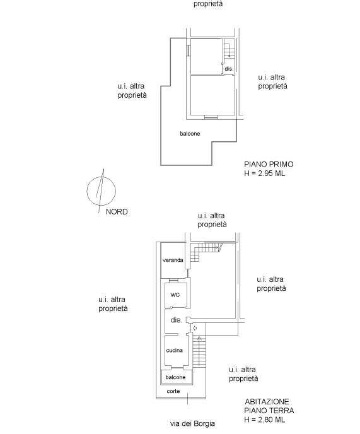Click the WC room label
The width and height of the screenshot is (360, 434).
(175, 295)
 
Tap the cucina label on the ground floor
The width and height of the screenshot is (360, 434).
(175, 350)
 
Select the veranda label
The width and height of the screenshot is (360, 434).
(173, 260)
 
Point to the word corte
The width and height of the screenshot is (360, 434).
(173, 391)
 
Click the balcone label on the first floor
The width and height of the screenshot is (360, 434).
(190, 133)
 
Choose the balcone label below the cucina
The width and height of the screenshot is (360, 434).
(175, 377)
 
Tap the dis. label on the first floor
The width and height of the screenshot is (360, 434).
(229, 69)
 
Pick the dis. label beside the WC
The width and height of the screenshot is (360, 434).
(177, 320)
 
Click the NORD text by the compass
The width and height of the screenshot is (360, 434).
(117, 212)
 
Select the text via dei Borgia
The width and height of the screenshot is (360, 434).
(192, 423)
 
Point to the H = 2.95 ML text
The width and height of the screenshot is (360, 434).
(265, 173)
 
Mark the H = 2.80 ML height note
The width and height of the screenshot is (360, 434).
(265, 419)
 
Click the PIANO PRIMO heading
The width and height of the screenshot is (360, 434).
(269, 164)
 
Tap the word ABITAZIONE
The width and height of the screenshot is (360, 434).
(267, 401)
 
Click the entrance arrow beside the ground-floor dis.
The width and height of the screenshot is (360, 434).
(195, 328)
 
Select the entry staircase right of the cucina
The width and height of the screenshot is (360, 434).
(199, 352)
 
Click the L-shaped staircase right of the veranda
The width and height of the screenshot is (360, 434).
(206, 251)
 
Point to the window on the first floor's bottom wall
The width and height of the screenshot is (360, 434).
(211, 117)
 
